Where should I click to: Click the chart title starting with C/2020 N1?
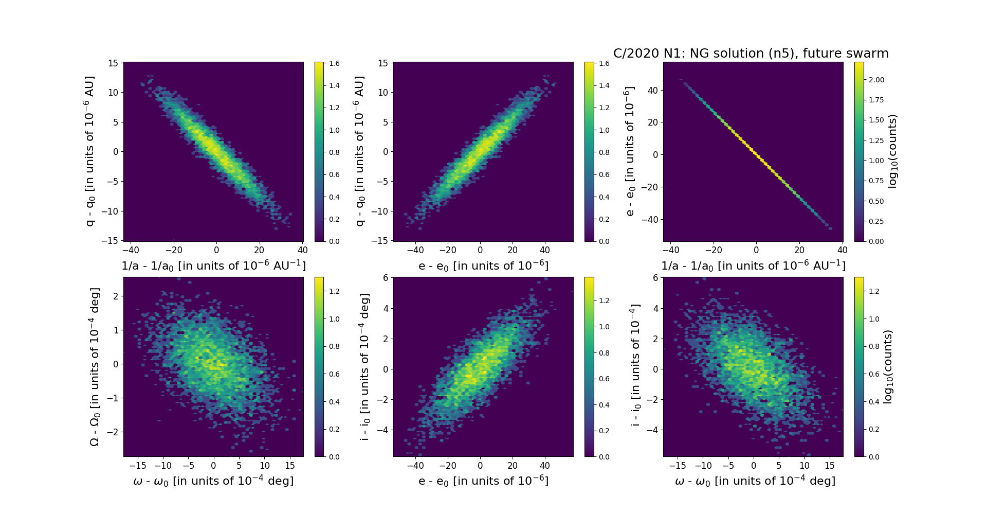751,54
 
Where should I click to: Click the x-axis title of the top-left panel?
213,266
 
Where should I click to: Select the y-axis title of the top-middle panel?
359,151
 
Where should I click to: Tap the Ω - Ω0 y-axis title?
95,367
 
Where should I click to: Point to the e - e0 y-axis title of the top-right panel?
629,151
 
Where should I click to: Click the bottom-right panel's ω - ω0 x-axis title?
755,481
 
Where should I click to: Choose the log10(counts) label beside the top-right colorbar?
892,151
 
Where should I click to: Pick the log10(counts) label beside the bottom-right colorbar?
888,367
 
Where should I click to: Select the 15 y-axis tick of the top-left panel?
113,63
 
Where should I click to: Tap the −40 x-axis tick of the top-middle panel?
415,251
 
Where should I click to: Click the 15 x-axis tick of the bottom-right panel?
830,466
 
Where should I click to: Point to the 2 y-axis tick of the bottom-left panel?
116,296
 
